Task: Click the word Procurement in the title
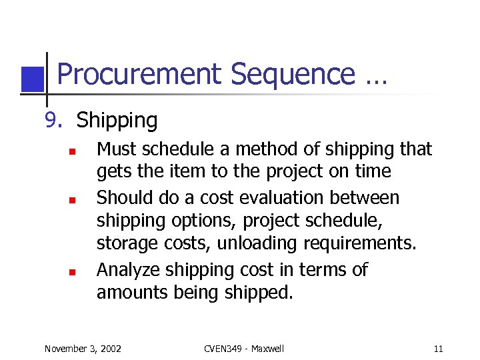[x=139, y=75]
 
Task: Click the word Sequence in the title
[x=292, y=75]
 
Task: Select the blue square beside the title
[x=31, y=79]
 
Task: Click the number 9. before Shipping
[x=53, y=121]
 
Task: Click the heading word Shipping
[x=117, y=121]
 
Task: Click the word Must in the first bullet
[x=114, y=149]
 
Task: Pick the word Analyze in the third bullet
[x=128, y=269]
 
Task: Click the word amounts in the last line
[x=129, y=292]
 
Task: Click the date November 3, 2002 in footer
[x=83, y=349]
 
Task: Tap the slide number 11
[x=438, y=349]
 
